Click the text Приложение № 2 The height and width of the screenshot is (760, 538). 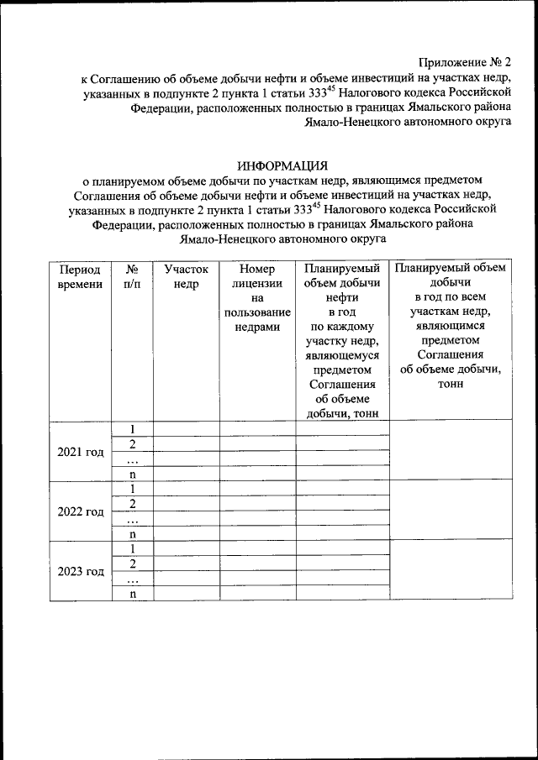[x=464, y=62]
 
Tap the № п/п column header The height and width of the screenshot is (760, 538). [x=132, y=277]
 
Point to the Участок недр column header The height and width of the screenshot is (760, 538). [x=186, y=277]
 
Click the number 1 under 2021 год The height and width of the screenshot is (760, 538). [x=132, y=429]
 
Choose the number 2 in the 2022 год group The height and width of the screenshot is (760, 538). [x=132, y=504]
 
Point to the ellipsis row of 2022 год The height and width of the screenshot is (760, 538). [x=132, y=518]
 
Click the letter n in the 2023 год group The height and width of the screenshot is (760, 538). [x=132, y=594]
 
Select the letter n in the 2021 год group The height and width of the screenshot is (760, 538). [x=132, y=474]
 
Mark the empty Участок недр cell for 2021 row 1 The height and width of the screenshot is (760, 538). [x=186, y=429]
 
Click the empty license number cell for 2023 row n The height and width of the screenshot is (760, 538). [x=257, y=594]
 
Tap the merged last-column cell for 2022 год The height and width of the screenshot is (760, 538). [x=451, y=511]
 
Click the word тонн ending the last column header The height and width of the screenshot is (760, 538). [x=451, y=385]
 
